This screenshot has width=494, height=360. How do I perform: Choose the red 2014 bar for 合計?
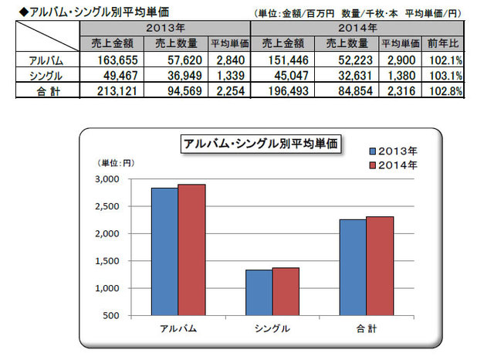point(381,266)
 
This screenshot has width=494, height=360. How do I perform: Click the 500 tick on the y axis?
point(110,316)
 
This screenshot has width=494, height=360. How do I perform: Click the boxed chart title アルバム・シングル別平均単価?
point(261,143)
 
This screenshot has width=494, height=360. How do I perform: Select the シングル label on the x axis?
point(272,328)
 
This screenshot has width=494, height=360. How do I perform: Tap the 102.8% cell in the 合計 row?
point(447,92)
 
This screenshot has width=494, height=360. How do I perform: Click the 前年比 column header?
point(447,42)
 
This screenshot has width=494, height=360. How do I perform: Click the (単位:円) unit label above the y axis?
point(115,163)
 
